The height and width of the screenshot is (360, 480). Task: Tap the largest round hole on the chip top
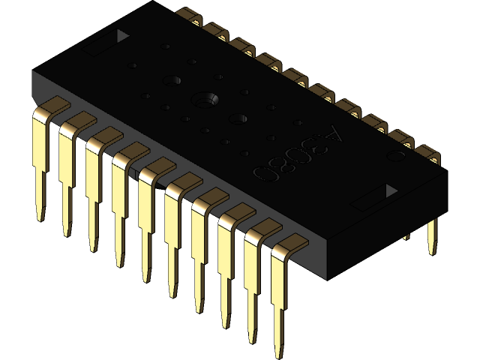[204, 99]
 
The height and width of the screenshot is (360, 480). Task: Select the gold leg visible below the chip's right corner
[432, 236]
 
